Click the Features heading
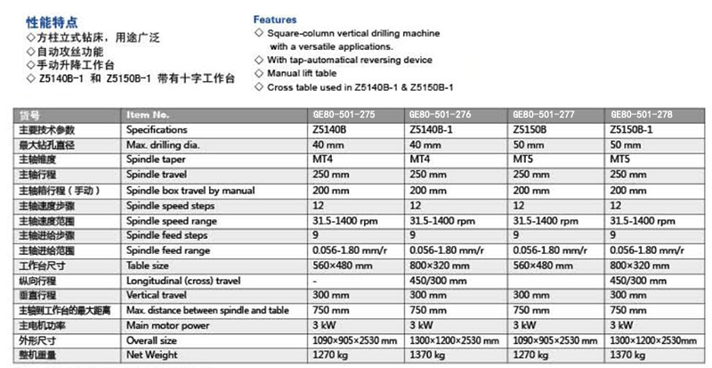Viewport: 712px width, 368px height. [276, 19]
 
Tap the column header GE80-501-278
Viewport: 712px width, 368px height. [641, 114]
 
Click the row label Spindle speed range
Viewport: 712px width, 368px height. [170, 219]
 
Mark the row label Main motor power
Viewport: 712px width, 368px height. [167, 325]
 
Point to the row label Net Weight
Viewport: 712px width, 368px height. [153, 356]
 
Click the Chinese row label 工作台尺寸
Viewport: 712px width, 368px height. [41, 265]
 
